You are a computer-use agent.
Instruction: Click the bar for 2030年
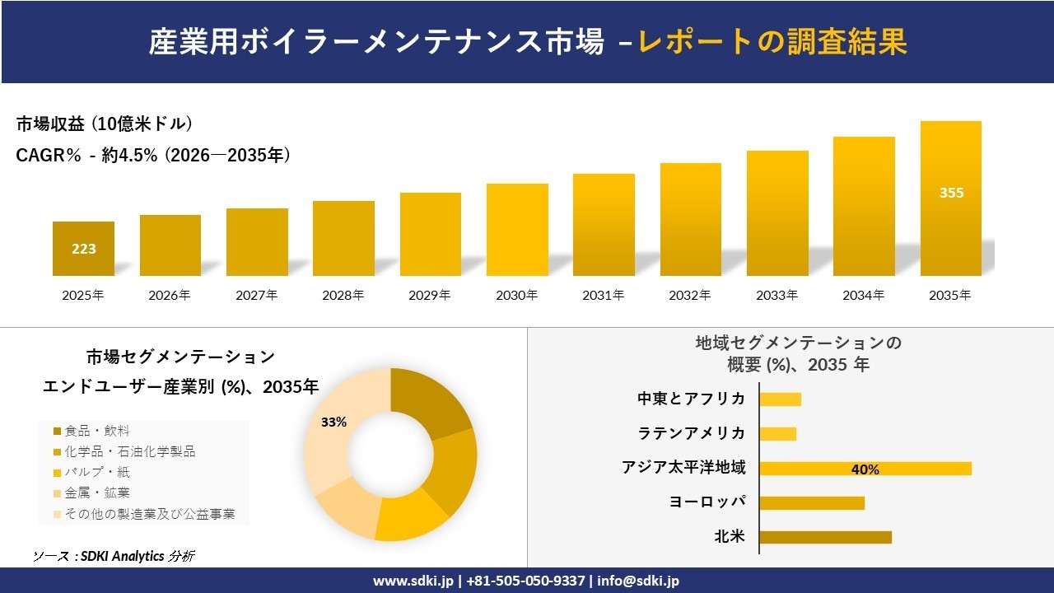pos(517,230)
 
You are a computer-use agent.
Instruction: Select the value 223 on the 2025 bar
pos(83,249)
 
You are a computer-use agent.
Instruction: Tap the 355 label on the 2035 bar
pos(951,194)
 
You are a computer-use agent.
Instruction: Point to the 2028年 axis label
pos(343,295)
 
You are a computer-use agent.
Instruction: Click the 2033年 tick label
pos(777,295)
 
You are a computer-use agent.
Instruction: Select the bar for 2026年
pos(170,245)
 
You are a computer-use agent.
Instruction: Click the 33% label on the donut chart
pos(333,422)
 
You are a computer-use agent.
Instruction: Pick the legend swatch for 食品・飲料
pos(57,431)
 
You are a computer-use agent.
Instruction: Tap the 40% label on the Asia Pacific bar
pos(865,469)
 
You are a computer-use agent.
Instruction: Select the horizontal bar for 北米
pos(825,537)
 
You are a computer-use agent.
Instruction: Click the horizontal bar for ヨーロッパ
pos(812,502)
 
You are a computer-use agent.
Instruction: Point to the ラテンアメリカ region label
pos(692,433)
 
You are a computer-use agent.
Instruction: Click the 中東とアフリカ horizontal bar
pos(780,399)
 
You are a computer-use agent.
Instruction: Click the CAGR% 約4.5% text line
pos(153,156)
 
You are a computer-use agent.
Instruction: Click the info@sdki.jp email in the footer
pos(639,581)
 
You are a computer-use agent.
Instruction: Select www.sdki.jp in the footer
pos(413,581)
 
